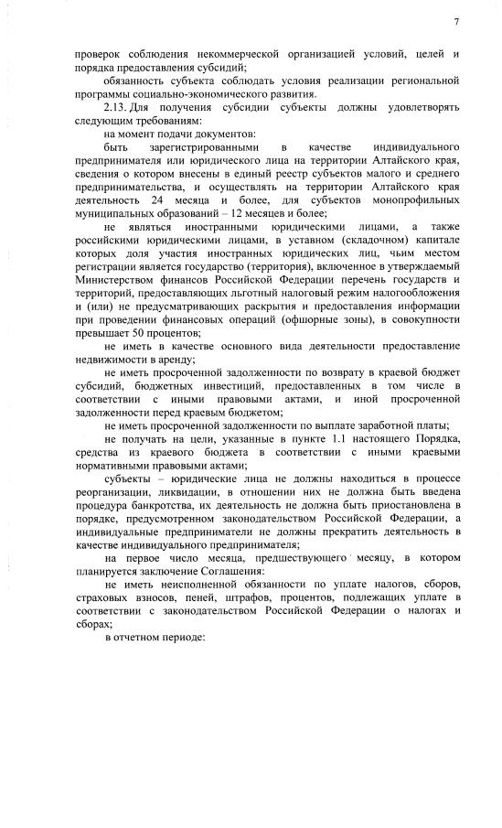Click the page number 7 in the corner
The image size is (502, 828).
tap(454, 21)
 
